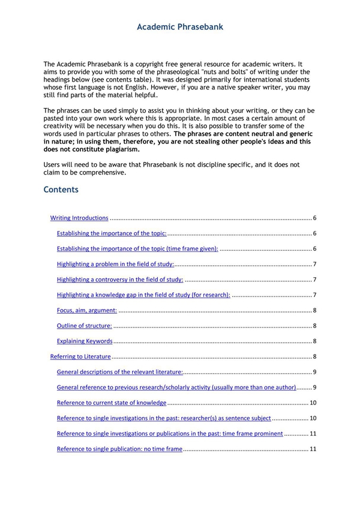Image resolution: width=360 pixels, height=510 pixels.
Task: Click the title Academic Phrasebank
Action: coord(180,27)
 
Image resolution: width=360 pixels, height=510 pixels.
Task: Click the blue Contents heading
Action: coord(61,190)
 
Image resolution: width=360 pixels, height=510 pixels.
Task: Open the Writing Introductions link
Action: coord(79,218)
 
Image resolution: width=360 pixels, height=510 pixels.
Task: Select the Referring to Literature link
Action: coord(80,357)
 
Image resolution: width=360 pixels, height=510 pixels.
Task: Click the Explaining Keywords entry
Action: coord(85,341)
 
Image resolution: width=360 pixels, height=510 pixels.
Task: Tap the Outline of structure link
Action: coord(84,326)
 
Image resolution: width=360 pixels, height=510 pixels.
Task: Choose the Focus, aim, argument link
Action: coord(87,310)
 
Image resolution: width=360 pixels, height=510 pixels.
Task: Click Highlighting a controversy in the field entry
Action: coord(120,280)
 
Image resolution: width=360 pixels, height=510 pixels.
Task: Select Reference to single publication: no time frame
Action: coord(119,449)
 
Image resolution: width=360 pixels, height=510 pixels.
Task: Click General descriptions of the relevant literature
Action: coord(121,372)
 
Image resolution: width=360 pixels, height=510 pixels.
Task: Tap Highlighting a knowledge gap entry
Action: coord(143,295)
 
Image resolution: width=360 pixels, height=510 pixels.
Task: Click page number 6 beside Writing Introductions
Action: coord(314,218)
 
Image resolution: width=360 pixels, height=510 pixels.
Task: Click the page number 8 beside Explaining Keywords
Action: coord(314,341)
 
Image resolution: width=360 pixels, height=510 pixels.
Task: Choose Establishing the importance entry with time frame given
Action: coord(137,249)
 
